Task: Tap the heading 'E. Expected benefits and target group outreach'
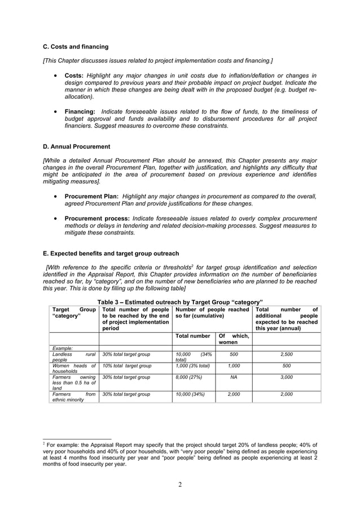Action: pos(115,254)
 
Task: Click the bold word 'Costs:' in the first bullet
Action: pos(74,76)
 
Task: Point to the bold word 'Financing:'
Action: pos(80,112)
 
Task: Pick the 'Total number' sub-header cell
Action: pos(193,335)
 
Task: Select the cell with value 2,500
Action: pos(287,354)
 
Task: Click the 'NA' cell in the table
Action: pos(234,377)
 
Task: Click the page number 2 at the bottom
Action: pos(180,484)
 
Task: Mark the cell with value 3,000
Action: pos(287,377)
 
